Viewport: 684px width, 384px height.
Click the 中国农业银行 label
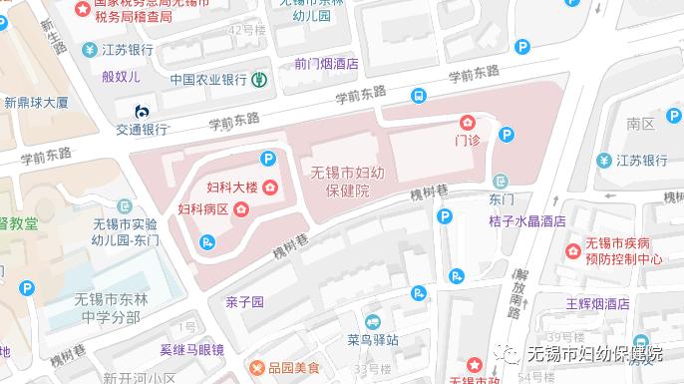tap(207, 79)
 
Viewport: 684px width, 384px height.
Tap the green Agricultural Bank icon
tap(258, 79)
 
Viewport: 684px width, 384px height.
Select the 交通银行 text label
tap(141, 128)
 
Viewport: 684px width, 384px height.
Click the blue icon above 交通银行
tap(141, 110)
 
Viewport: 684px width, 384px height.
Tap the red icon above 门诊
tap(468, 121)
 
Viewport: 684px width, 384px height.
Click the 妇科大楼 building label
tap(231, 188)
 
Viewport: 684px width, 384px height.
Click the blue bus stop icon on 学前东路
tap(417, 96)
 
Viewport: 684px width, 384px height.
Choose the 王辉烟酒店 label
tap(597, 303)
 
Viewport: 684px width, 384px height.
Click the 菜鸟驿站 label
tap(372, 339)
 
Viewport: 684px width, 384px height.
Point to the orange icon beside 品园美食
tap(258, 368)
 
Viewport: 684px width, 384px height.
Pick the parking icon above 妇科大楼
tap(267, 158)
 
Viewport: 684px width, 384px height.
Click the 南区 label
tap(640, 124)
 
